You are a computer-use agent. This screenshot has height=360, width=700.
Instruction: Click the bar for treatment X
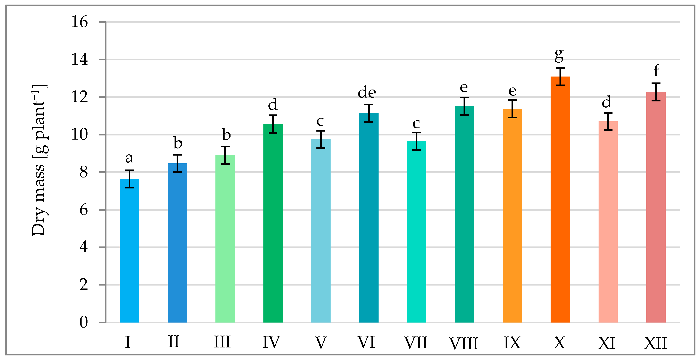pyautogui.click(x=560, y=200)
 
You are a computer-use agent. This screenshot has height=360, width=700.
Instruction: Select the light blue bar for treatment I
pyautogui.click(x=129, y=251)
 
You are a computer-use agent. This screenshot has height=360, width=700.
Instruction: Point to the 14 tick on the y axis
pyautogui.click(x=80, y=59)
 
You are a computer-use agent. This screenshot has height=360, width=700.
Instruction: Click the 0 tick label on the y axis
pyautogui.click(x=84, y=322)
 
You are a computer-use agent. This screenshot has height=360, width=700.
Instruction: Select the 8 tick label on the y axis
pyautogui.click(x=84, y=172)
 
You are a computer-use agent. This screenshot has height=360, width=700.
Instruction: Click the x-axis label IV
pyautogui.click(x=271, y=342)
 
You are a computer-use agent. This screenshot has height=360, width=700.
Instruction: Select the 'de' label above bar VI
pyautogui.click(x=367, y=93)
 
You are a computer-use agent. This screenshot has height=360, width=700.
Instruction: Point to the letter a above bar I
pyautogui.click(x=129, y=158)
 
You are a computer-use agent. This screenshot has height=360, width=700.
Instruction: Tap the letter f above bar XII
pyautogui.click(x=656, y=71)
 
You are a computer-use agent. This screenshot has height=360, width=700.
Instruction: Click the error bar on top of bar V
pyautogui.click(x=321, y=139)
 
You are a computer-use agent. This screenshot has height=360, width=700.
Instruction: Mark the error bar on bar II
pyautogui.click(x=178, y=163)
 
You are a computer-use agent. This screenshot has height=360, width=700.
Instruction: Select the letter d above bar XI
pyautogui.click(x=607, y=102)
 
